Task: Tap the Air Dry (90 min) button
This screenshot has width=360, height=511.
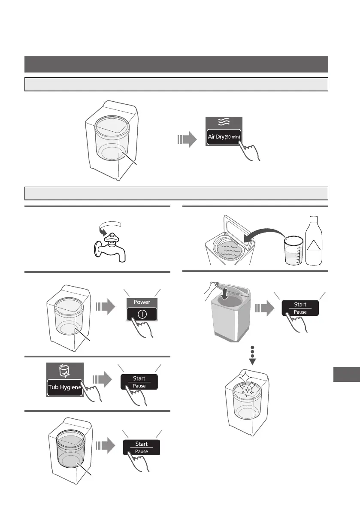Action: click(224, 137)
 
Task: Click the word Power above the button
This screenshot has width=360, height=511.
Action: click(142, 302)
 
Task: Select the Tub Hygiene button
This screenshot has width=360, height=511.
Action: click(64, 387)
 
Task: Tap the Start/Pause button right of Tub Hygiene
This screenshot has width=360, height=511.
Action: click(139, 382)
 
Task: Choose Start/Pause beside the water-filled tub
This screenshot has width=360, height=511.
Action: click(141, 447)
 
